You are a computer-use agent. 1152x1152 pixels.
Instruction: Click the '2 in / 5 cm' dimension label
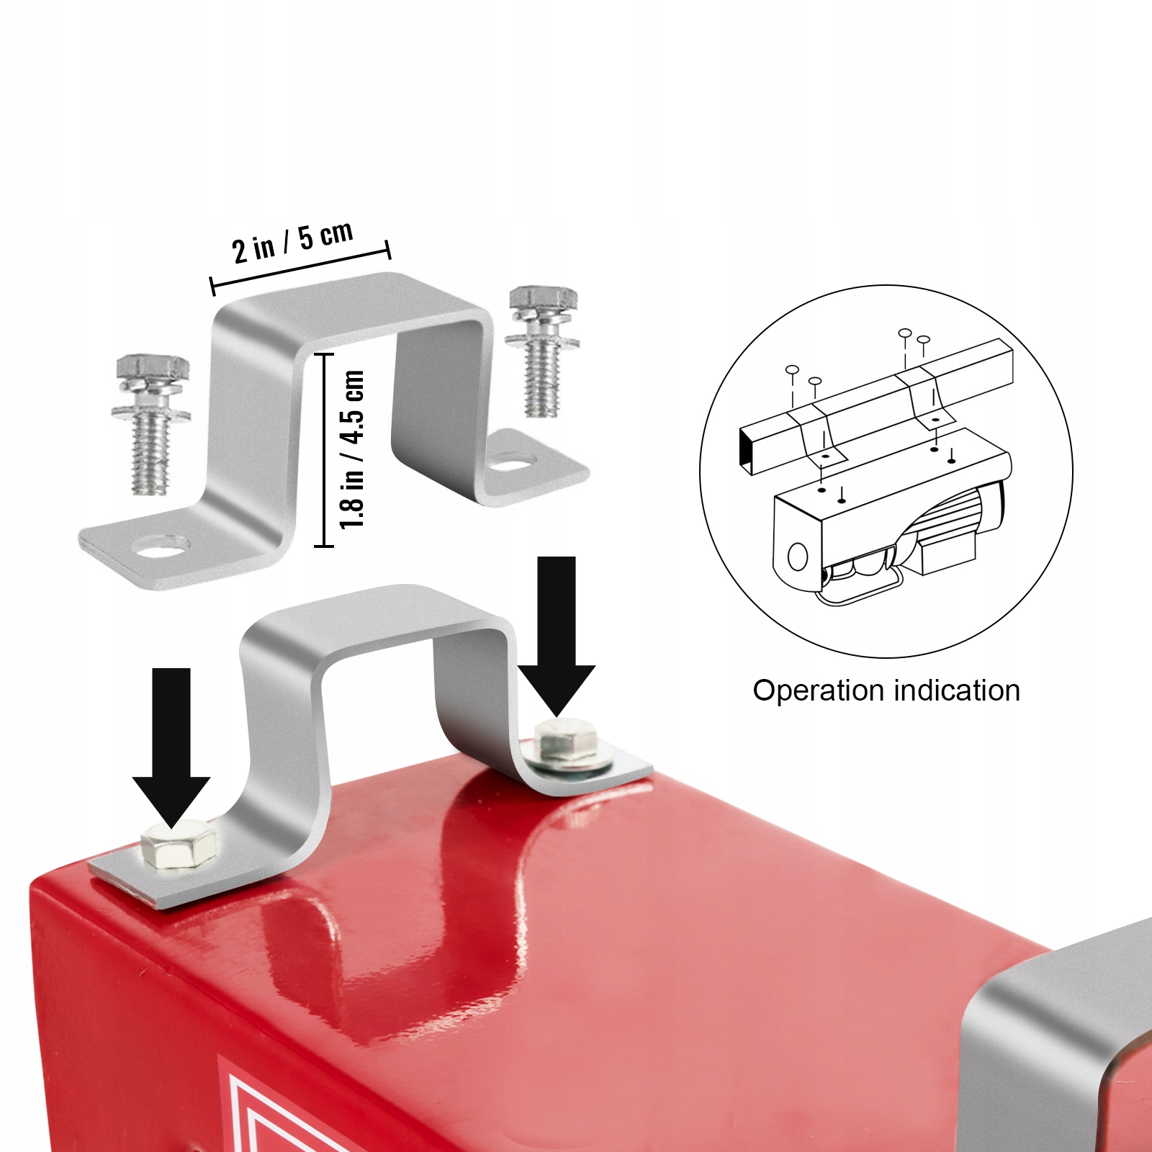coord(293,241)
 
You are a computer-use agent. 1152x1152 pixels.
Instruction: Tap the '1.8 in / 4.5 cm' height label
coord(353,450)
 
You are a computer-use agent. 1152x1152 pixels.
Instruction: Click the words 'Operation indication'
coord(886,690)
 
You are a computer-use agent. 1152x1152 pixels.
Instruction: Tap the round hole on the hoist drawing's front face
coord(797,557)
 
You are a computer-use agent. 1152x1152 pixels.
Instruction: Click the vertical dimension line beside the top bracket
coord(325,450)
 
